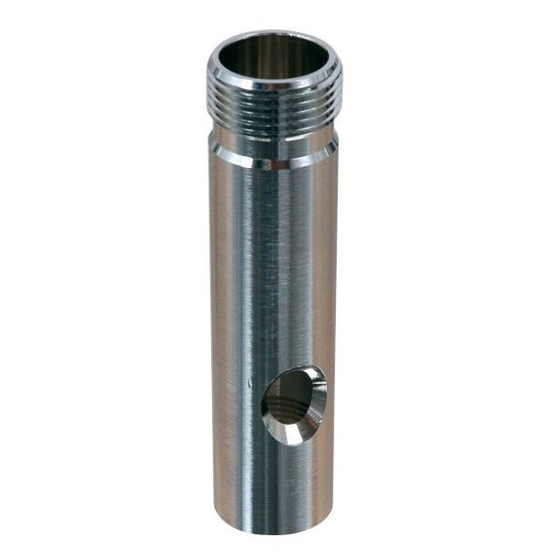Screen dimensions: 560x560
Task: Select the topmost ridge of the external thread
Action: pyautogui.click(x=274, y=99)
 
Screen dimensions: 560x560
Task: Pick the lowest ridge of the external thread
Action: pyautogui.click(x=274, y=128)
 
